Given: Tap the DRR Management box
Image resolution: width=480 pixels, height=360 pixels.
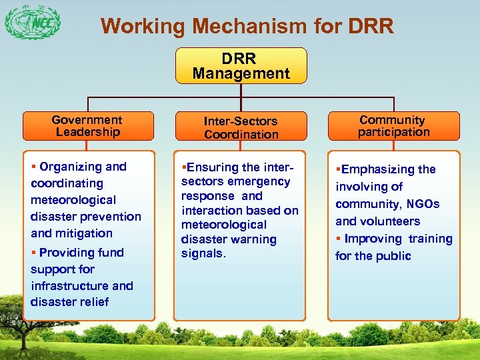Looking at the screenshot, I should [x=241, y=65].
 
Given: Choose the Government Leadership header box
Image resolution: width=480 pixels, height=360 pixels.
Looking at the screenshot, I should [x=87, y=126].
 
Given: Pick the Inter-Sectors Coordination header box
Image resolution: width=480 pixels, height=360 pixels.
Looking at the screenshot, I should [x=241, y=127].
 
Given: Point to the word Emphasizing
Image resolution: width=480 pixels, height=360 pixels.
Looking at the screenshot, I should [x=378, y=169].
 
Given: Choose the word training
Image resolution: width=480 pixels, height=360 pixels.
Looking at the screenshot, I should [x=429, y=239].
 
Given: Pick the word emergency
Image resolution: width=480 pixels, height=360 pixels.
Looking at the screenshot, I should [x=259, y=181].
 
